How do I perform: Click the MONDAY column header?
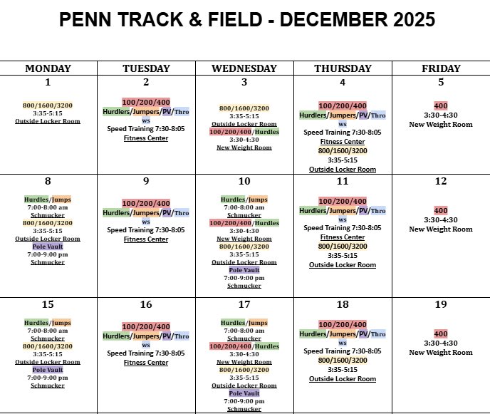[x=48, y=68]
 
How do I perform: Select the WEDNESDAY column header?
[x=244, y=68]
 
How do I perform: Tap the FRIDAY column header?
[x=440, y=68]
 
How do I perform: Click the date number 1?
[x=48, y=82]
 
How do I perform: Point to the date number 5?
[x=441, y=82]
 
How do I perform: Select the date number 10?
[x=244, y=182]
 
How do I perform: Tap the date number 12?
[x=441, y=182]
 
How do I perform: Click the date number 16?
[x=146, y=305]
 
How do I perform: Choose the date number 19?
[x=441, y=305]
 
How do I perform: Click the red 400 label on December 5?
[x=441, y=105]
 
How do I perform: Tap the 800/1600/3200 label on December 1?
[x=48, y=105]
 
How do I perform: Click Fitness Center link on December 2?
[x=146, y=138]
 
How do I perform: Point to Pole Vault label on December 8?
[x=48, y=247]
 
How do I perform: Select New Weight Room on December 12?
[x=441, y=229]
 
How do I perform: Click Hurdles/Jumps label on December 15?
[x=48, y=323]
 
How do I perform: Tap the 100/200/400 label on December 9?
[x=146, y=204]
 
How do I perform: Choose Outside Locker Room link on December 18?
[x=343, y=379]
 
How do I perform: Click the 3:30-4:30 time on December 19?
[x=441, y=343]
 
